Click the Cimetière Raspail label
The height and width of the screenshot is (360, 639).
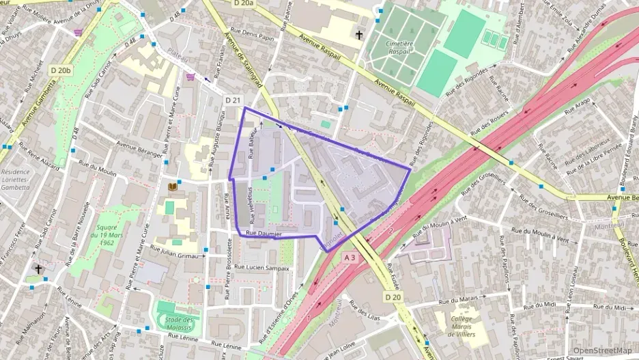(401, 47)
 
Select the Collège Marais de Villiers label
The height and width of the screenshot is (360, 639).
(467, 327)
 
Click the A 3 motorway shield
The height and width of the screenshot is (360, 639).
(350, 258)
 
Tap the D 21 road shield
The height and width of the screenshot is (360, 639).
(233, 100)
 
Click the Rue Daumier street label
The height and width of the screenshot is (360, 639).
(264, 234)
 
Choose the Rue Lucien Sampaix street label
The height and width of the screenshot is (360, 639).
(261, 268)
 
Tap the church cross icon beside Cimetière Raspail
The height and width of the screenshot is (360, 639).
(360, 34)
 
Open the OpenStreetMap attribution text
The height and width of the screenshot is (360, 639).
(602, 350)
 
